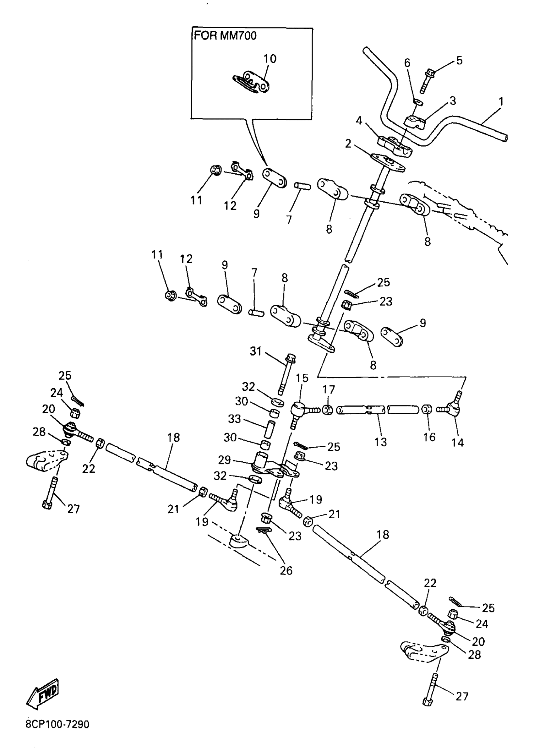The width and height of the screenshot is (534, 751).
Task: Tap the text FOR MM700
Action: coord(225,35)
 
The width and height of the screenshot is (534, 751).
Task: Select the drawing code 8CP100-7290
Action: coord(57,724)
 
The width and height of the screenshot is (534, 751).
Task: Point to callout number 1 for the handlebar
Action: coord(501,101)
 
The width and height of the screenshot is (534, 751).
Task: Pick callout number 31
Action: coord(255,351)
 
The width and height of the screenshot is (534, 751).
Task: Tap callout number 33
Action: coord(234,419)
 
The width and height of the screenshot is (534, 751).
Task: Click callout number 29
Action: coord(225,460)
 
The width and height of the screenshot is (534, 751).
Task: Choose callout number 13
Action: coord(380,442)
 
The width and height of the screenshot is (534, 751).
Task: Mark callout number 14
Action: coord(457,443)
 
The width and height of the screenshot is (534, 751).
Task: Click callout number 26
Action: coord(286,570)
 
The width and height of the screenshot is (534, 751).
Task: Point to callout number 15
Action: coord(302,378)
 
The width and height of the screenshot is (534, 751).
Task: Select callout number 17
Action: coord(329,390)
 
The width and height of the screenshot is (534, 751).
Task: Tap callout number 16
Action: coord(429,437)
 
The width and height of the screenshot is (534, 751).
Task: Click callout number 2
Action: coord(348,144)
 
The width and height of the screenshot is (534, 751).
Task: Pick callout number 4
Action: coord(359,121)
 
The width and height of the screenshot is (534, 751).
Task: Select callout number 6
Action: coord(407,63)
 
